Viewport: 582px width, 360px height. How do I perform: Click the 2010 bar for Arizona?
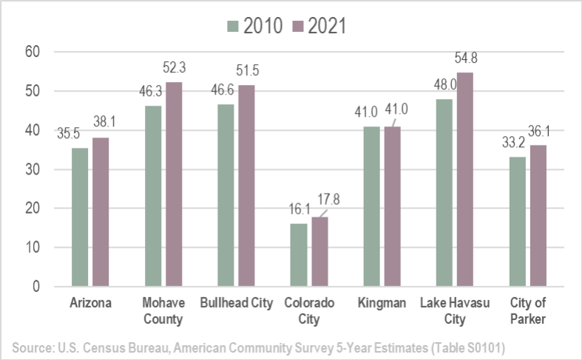pos(80,217)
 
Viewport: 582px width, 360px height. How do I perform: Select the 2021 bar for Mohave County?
pos(173,184)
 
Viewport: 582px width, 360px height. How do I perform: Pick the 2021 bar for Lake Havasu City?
pos(464,179)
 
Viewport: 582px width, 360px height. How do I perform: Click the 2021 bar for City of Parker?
pos(537,215)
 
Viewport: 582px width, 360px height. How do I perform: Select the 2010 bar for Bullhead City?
pos(226,195)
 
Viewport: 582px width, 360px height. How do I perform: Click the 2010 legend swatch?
pos(231,26)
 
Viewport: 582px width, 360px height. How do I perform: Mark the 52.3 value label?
pos(175,67)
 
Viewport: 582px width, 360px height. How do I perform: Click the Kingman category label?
pos(382,303)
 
